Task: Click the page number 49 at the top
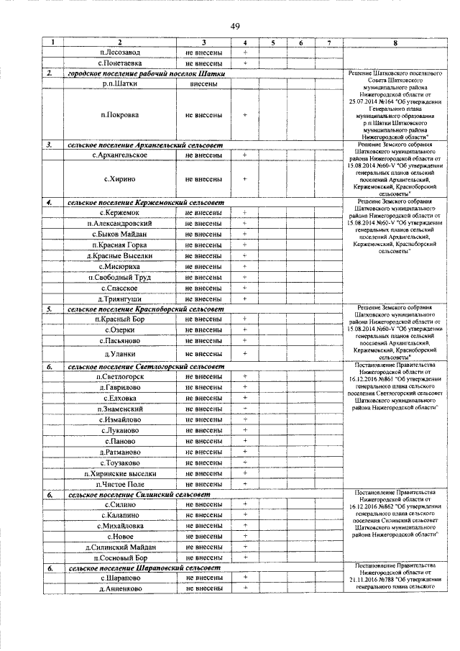pos(234,27)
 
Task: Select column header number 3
pos(203,43)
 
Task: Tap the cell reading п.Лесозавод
pos(120,53)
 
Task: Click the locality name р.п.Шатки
pos(120,83)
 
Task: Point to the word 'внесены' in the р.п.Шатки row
pos(203,83)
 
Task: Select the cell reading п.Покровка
pos(120,114)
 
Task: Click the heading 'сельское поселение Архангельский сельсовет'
pos(145,145)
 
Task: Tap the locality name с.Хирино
pos(120,178)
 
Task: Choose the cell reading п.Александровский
pos(120,224)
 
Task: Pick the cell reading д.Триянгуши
pos(120,299)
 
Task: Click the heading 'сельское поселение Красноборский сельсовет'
pos(145,309)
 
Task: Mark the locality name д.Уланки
pos(120,353)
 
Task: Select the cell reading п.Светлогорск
pos(120,376)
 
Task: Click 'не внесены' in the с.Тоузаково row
pos(203,463)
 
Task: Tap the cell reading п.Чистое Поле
pos(120,484)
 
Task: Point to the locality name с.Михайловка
pos(120,527)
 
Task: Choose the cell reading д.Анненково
pos(120,588)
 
